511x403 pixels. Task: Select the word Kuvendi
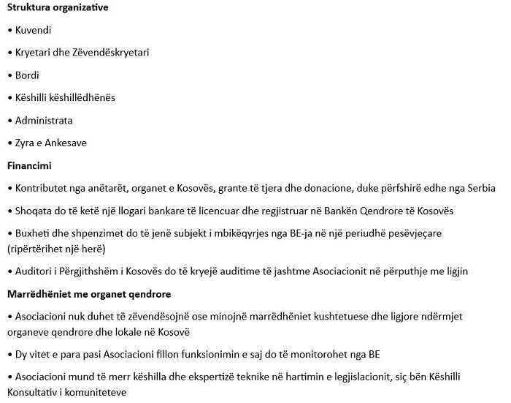pos(34,30)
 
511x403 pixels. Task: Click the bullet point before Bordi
pos(9,75)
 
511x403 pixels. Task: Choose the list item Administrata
pos(44,121)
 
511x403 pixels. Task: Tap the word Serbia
pos(480,189)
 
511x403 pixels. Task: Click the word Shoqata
pos(34,211)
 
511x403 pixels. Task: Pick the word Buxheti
pos(33,233)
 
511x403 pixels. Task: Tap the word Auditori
pos(34,271)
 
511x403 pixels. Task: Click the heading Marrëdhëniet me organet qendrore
pos(89,294)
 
